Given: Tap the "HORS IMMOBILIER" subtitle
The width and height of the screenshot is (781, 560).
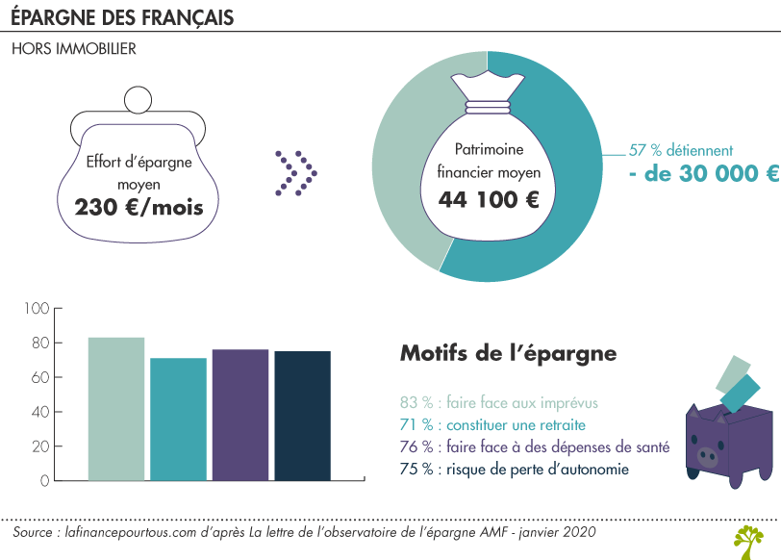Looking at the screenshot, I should (74, 48).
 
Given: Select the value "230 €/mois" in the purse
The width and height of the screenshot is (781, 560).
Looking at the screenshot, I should (139, 205).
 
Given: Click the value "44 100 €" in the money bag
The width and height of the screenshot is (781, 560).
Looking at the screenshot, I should (489, 200).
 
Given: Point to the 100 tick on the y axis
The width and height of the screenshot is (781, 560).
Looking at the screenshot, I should (37, 309).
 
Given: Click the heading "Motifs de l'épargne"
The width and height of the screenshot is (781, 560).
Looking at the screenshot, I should (508, 353).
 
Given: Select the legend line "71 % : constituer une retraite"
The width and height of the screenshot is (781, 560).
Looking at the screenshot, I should (492, 424).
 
